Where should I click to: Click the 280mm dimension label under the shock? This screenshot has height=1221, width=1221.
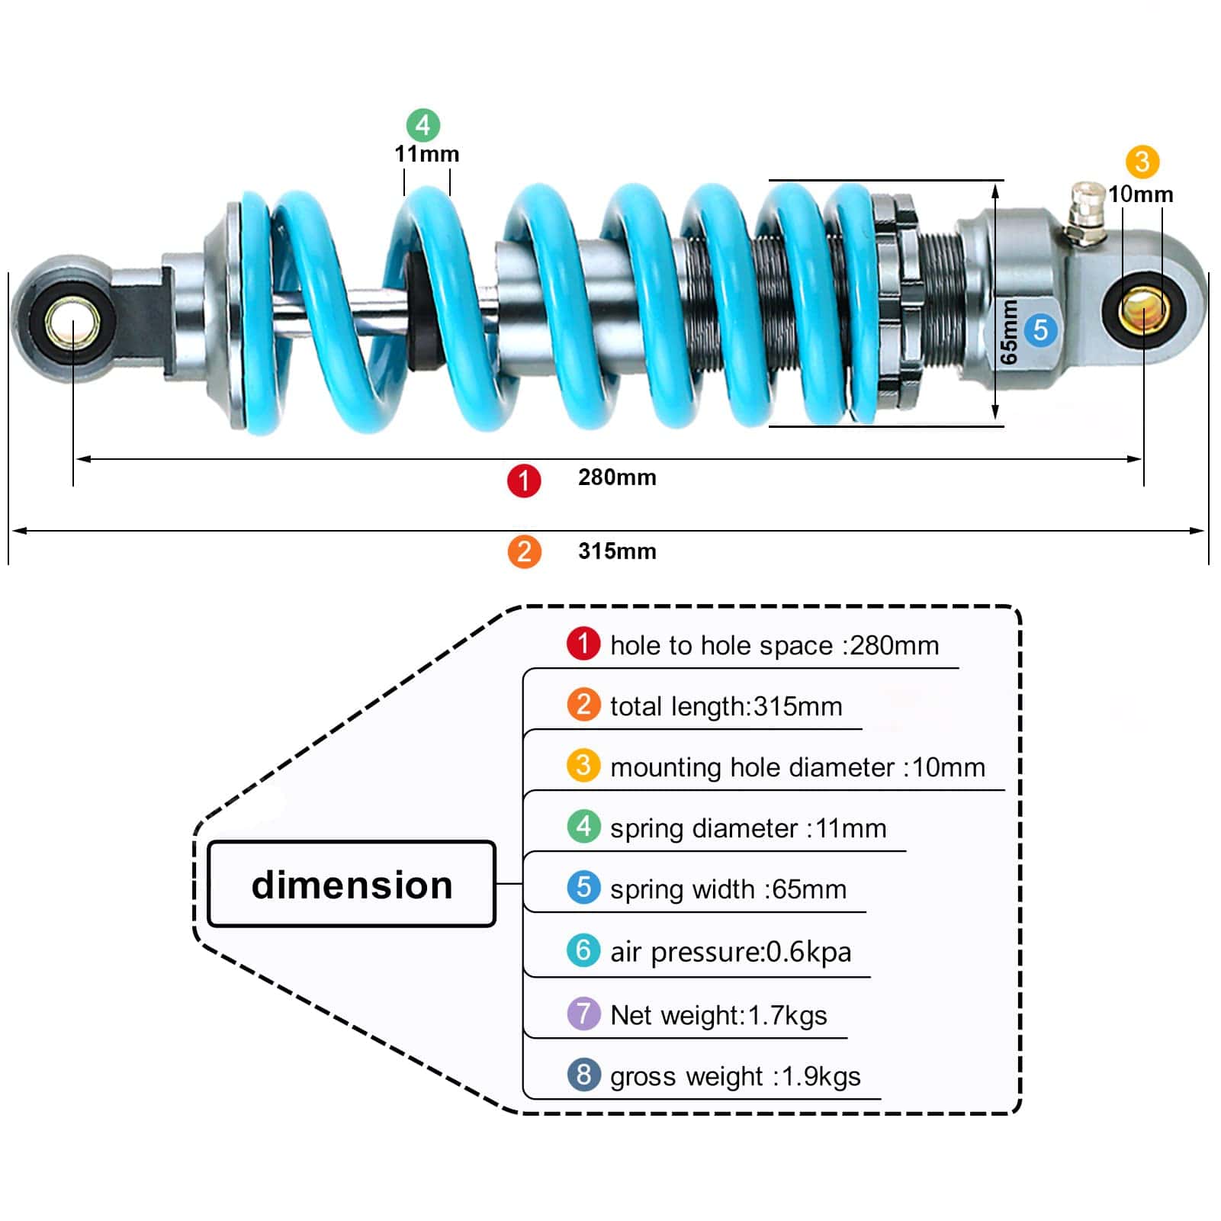point(616,477)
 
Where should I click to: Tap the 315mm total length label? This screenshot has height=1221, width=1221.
point(616,551)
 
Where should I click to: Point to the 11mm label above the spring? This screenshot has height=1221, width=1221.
point(426,154)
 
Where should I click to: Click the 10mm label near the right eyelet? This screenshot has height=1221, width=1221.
point(1140,194)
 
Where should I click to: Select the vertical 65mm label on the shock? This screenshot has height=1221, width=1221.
point(1008,332)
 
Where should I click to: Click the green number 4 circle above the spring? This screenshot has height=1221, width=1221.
point(423,125)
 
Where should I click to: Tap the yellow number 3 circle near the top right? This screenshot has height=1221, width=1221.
point(1142,162)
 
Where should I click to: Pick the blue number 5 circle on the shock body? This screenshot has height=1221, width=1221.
point(1040,331)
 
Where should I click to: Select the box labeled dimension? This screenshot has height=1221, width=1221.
point(352,885)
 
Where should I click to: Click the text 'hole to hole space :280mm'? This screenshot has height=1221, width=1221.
point(774,646)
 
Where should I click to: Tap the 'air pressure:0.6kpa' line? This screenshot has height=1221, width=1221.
point(730,952)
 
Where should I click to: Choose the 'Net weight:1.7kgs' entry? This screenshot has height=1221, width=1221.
point(718,1015)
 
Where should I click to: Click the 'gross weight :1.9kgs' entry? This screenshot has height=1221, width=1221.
point(734,1076)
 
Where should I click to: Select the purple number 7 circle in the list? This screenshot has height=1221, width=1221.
point(583,1014)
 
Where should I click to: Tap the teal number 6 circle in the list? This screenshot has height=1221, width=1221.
point(583,950)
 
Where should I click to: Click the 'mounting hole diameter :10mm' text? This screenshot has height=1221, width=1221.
point(797,767)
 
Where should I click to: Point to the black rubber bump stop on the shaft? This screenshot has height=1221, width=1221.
point(418,313)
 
